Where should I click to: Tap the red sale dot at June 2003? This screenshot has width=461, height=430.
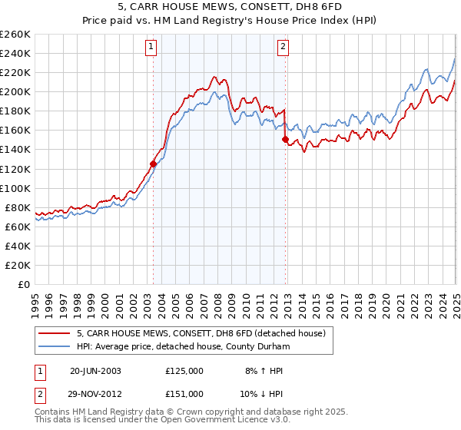(153, 164)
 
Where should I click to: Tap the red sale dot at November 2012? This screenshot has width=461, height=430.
(286, 139)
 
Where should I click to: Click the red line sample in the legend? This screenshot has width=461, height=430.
(54, 333)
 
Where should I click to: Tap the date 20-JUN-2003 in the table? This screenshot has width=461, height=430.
(96, 370)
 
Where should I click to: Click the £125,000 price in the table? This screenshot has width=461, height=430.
(184, 370)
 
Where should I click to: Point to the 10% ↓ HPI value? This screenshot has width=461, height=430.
(259, 395)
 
